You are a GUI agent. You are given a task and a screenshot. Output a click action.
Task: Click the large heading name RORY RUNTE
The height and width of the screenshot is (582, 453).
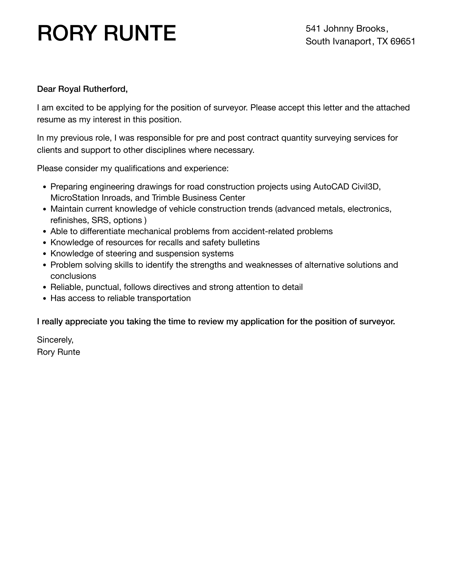click(x=107, y=33)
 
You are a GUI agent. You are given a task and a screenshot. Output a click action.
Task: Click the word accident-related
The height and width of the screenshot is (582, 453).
click(x=263, y=231)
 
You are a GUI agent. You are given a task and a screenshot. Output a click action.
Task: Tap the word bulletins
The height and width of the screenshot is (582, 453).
click(x=243, y=242)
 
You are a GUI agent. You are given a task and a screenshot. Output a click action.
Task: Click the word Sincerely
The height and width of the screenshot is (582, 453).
click(x=55, y=340)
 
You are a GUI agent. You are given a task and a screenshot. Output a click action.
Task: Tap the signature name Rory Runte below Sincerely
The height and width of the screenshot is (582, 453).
click(x=58, y=352)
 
